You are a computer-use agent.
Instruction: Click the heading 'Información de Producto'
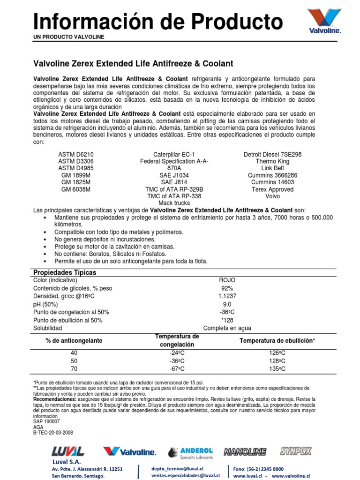pos(158,22)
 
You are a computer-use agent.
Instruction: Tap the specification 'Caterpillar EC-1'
pos(174,154)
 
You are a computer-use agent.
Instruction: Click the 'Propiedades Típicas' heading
pos(64,272)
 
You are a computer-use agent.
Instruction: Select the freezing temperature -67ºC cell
pos(177,369)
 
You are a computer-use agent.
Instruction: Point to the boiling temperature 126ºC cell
pos(277,353)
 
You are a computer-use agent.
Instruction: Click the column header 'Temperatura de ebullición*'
pos(277,341)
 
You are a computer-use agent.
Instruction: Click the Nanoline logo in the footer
pos(245,452)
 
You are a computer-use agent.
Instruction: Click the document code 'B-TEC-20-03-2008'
pos(53,433)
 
